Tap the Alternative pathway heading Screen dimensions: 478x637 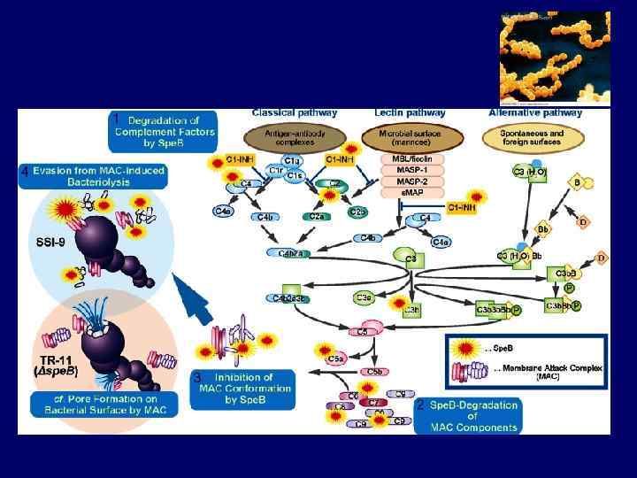[535, 113]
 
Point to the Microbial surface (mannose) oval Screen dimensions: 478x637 [410, 137]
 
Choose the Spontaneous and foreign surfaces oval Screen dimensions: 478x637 [533, 137]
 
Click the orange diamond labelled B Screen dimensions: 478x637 [577, 184]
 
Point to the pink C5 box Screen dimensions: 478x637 [362, 331]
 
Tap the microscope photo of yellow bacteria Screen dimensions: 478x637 [554, 58]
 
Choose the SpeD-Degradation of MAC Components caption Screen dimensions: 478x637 [472, 416]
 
